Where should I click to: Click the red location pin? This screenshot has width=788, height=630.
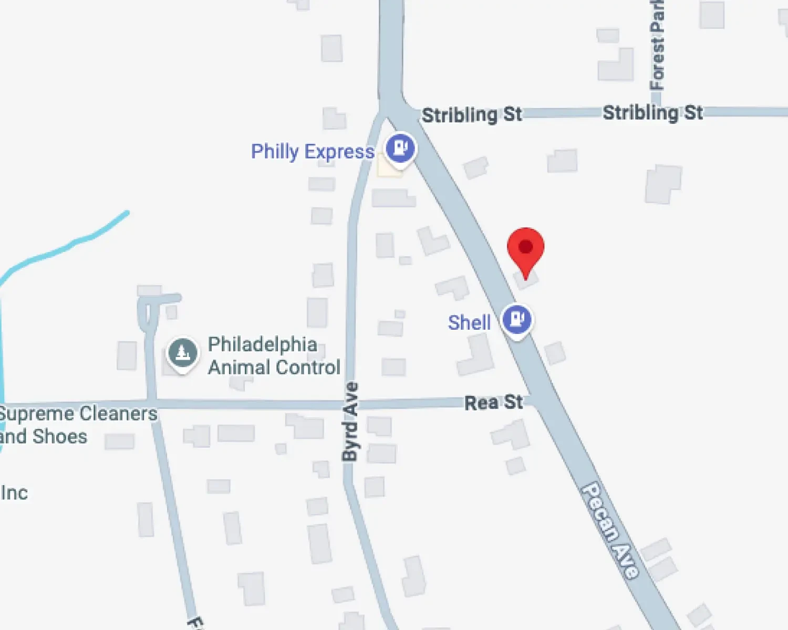tap(525, 248)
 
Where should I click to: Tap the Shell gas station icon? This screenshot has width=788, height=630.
tap(517, 319)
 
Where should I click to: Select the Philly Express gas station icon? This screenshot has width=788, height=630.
tap(400, 148)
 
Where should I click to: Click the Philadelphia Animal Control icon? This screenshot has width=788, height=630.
tap(182, 353)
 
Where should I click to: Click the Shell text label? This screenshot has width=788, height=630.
tap(469, 322)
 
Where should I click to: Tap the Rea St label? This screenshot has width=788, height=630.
tap(493, 403)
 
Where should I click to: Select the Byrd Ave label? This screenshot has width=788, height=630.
tap(350, 422)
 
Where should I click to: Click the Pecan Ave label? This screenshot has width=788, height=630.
tap(610, 530)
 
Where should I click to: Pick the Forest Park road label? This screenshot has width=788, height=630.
tap(657, 45)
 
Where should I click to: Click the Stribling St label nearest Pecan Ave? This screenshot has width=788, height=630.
tap(472, 114)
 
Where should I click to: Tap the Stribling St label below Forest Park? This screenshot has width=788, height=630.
tap(652, 112)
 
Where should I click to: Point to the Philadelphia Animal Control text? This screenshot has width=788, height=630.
tap(274, 355)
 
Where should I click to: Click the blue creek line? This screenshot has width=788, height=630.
tap(74, 243)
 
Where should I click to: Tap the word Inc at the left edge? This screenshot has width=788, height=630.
tap(14, 493)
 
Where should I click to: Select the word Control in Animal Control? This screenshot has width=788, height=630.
tap(309, 367)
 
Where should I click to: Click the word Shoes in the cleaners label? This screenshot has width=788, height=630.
tap(60, 436)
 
